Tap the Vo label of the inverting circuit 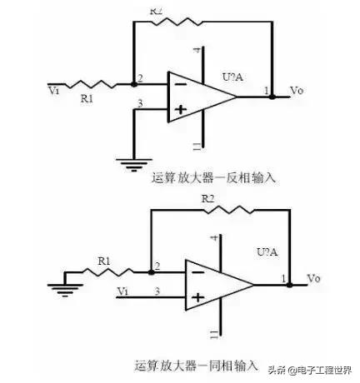coord(296,89)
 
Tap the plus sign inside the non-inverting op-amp coord(198,296)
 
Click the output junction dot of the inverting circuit coord(272,96)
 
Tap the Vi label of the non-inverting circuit coord(123,291)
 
